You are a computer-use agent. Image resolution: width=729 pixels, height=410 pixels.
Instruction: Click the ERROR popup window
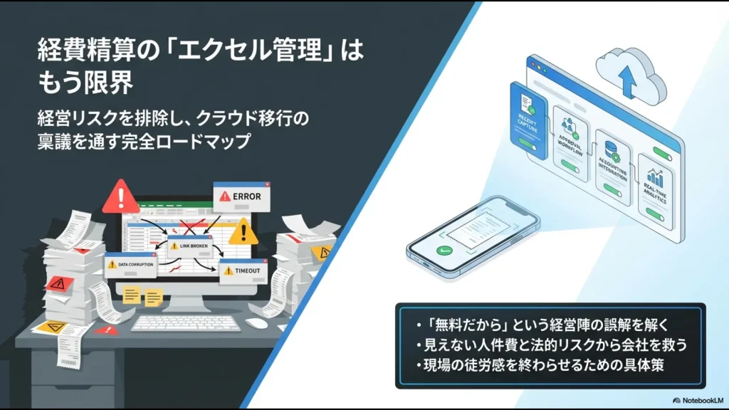(x=241, y=196)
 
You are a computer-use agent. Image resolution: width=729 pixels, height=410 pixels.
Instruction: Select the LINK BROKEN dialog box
(x=190, y=245)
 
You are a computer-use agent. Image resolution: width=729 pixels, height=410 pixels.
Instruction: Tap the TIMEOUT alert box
(x=245, y=271)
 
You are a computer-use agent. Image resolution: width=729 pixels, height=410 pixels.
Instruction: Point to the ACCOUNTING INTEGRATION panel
(x=614, y=166)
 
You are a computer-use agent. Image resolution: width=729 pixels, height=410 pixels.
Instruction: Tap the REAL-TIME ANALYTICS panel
(x=656, y=187)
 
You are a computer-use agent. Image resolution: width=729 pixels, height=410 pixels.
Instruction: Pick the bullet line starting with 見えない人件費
(x=552, y=346)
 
